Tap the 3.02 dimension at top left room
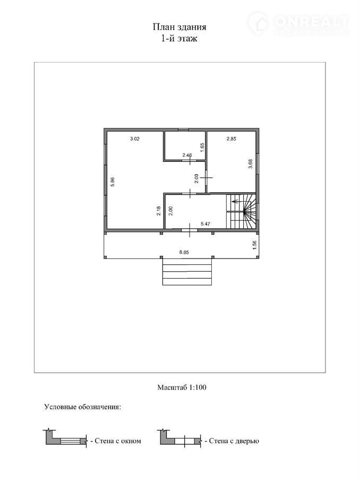coord(135,139)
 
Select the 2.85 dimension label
coord(231,139)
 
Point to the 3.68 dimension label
coord(250,163)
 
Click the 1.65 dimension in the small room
coord(202,147)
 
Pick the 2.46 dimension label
coord(187,155)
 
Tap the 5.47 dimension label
coord(205,224)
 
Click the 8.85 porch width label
coord(184,252)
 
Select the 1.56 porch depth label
coord(254,245)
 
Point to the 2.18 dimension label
coord(158,211)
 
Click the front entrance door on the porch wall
coord(189,230)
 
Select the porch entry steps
coord(187,272)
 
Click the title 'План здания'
coord(179,27)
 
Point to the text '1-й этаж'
coord(179,39)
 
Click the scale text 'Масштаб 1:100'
coord(182,387)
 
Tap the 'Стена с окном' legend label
coord(118,441)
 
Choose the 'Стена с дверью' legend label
coord(234,441)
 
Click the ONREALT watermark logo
coord(298,23)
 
